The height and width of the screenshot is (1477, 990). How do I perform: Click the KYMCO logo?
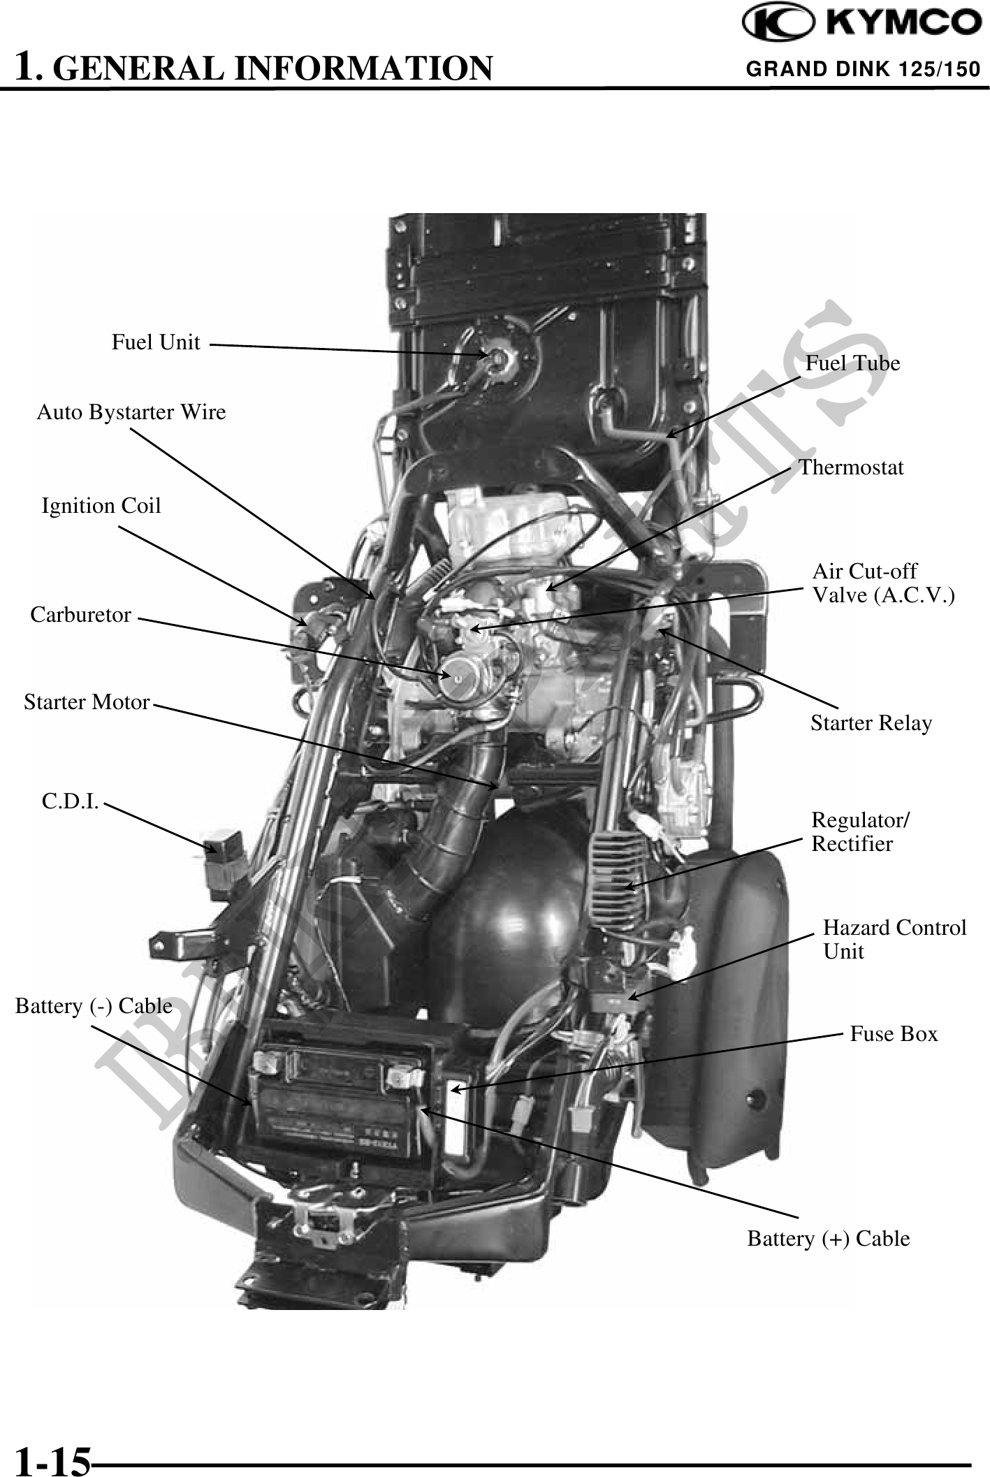pyautogui.click(x=861, y=24)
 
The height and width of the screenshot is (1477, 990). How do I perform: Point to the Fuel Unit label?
pyautogui.click(x=156, y=342)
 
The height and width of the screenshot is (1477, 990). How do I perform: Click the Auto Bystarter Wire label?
pyautogui.click(x=131, y=412)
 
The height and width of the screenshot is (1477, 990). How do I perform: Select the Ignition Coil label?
pyautogui.click(x=101, y=505)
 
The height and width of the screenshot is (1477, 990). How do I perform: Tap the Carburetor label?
pyautogui.click(x=81, y=615)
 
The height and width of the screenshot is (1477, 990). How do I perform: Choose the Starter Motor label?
pyautogui.click(x=87, y=701)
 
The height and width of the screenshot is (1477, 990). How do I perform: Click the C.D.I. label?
pyautogui.click(x=70, y=801)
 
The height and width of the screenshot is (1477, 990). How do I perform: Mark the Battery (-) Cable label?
pyautogui.click(x=94, y=1005)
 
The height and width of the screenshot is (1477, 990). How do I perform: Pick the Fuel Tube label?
pyautogui.click(x=852, y=363)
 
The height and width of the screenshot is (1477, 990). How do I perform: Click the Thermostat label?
pyautogui.click(x=851, y=467)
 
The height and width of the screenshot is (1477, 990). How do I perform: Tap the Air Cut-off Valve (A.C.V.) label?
pyautogui.click(x=882, y=583)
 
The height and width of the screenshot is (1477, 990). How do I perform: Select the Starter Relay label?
pyautogui.click(x=871, y=723)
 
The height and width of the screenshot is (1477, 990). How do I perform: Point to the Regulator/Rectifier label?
pyautogui.click(x=860, y=831)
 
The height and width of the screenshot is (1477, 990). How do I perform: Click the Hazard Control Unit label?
pyautogui.click(x=894, y=939)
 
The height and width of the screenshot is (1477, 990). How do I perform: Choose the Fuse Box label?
pyautogui.click(x=894, y=1033)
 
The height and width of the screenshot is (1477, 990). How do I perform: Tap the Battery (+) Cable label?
pyautogui.click(x=829, y=1238)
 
